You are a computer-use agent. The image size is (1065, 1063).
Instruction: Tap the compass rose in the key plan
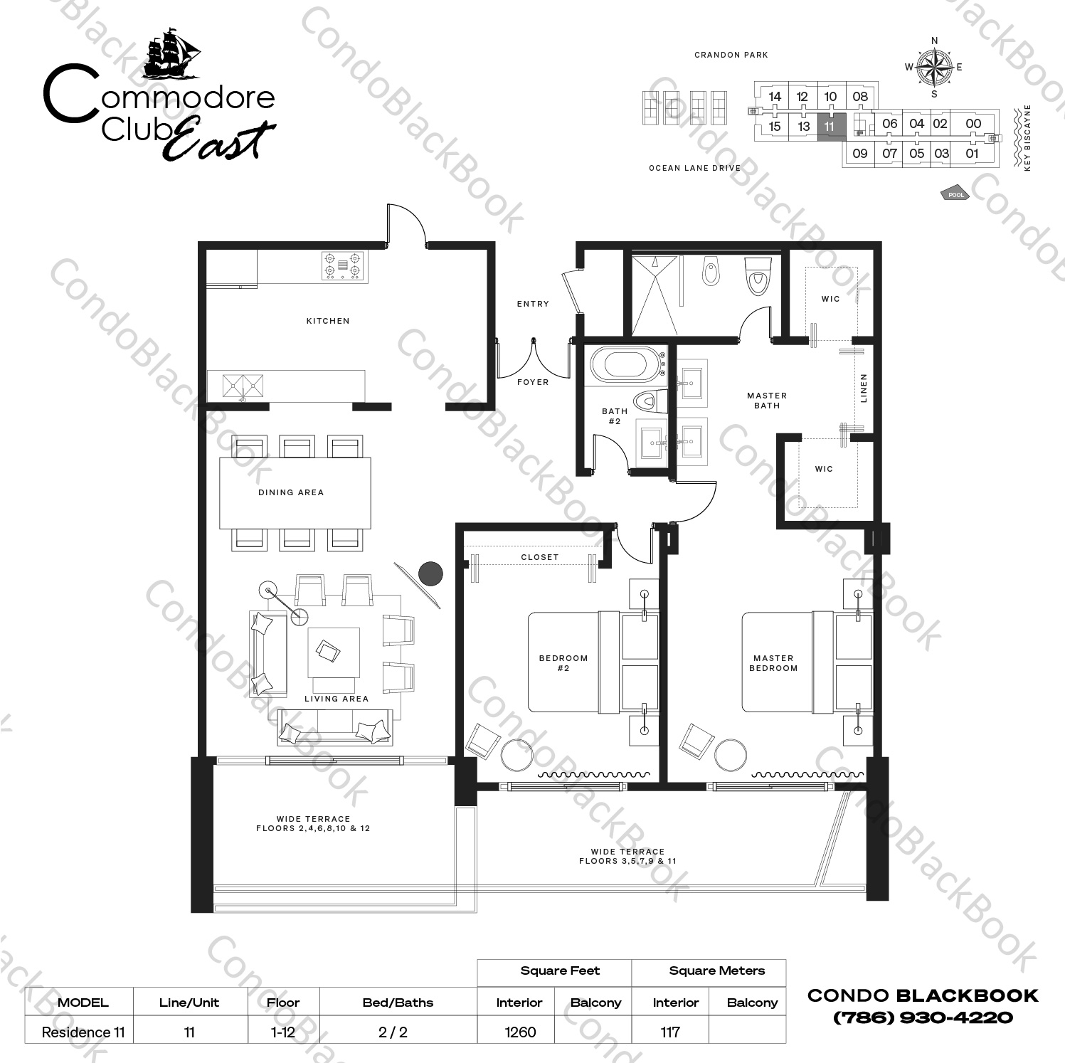point(934,68)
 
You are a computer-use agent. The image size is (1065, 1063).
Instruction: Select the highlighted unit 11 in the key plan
point(830,127)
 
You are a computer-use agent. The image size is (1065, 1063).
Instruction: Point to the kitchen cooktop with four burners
point(343,266)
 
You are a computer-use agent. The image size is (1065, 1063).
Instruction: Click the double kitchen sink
point(242,386)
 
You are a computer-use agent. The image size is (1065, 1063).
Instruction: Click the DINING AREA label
point(291,492)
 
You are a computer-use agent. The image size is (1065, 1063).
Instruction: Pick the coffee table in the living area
point(333,652)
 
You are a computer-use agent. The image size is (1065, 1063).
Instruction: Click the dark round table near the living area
point(430,573)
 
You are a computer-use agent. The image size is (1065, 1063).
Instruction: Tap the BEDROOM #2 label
point(563,663)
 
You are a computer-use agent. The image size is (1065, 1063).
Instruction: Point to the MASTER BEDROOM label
point(773,663)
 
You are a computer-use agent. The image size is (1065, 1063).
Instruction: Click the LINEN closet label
point(864,388)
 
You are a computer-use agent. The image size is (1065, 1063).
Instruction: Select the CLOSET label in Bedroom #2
point(540,557)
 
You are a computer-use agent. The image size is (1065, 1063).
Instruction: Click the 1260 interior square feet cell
point(520,1032)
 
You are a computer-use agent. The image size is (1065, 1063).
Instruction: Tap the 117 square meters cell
point(669,1032)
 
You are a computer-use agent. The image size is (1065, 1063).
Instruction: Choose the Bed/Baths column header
point(398,1003)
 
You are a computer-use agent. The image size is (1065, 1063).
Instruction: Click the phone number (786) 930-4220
point(923,1017)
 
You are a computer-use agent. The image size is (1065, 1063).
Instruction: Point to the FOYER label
point(533,382)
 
